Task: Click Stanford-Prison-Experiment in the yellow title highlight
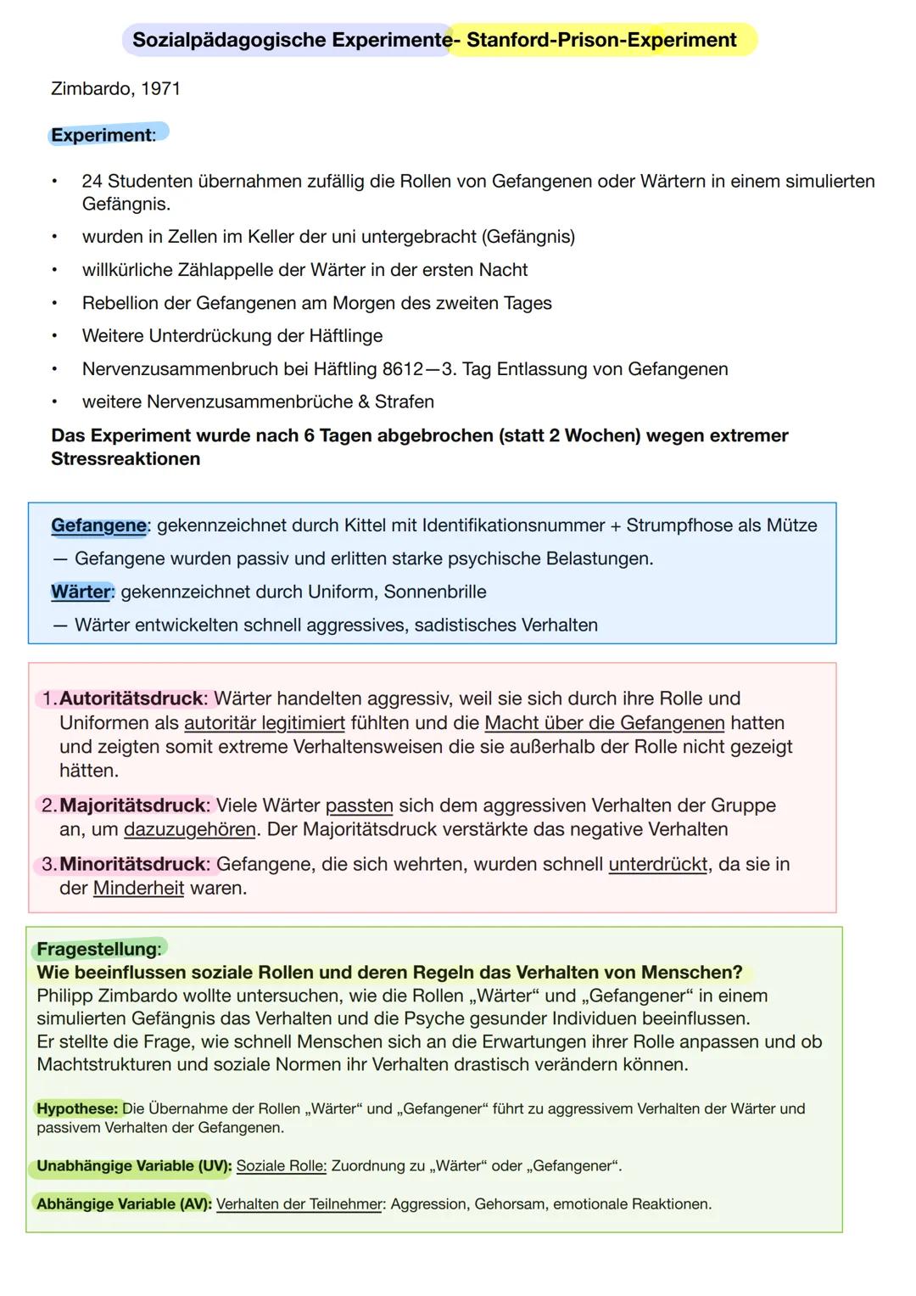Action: [601, 40]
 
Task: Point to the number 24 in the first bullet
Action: [92, 181]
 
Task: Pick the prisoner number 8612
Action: [402, 369]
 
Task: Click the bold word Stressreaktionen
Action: [126, 459]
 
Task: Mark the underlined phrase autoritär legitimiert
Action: [265, 723]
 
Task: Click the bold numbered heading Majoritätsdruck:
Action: [134, 805]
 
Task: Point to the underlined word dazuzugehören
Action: [190, 829]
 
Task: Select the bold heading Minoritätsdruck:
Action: [134, 864]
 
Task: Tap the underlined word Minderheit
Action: [138, 889]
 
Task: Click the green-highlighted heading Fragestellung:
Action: [98, 949]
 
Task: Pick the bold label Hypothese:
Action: [77, 1108]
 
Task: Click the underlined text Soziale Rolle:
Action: [281, 1166]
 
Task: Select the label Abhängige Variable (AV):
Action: [124, 1204]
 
